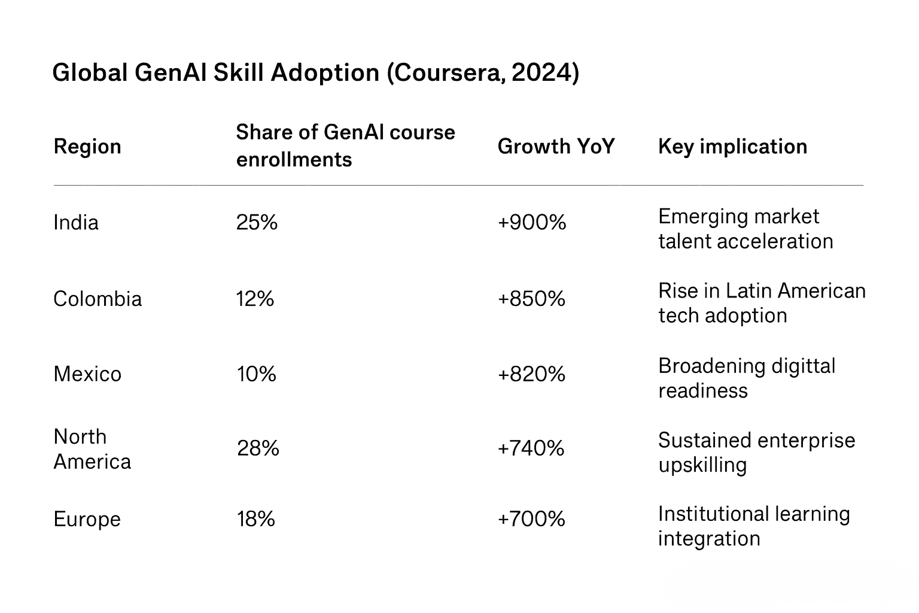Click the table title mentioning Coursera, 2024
(315, 73)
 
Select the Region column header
(87, 147)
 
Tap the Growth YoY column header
(556, 147)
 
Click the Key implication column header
(732, 147)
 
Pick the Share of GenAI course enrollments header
(345, 145)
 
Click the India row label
(76, 223)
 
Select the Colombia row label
(98, 299)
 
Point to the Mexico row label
(87, 374)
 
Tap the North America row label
(92, 449)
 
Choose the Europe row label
(87, 519)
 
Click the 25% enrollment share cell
(257, 223)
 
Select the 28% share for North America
(258, 448)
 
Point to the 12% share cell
(255, 299)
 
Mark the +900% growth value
(531, 223)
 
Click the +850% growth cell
(531, 299)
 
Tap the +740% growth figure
(531, 448)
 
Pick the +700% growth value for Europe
(531, 519)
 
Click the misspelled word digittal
(803, 366)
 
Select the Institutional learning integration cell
(753, 526)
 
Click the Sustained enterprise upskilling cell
(756, 453)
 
